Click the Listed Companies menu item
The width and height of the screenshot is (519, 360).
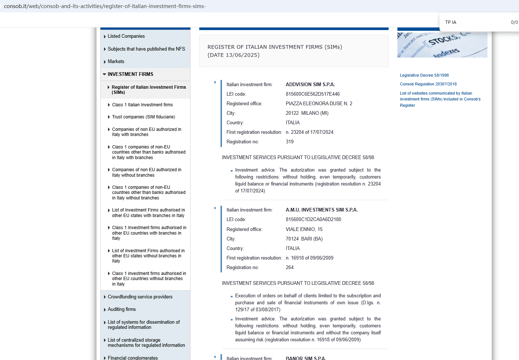126,36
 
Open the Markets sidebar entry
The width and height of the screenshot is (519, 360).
116,62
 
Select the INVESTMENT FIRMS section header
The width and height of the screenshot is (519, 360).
130,74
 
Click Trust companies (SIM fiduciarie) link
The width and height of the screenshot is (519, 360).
143,117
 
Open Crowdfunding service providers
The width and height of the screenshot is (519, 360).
140,297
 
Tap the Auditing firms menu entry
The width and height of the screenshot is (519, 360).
122,309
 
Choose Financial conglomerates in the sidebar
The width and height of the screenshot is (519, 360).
133,357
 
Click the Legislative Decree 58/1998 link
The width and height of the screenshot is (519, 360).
424,75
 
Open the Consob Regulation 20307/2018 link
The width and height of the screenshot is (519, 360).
428,84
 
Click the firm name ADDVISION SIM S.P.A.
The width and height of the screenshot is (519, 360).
310,85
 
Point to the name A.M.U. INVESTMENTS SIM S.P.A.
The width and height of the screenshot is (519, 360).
322,210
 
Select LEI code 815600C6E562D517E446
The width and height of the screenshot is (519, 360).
312,94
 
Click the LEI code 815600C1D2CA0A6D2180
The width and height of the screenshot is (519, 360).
313,220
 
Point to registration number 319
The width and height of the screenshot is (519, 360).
289,142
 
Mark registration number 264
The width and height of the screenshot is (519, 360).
289,268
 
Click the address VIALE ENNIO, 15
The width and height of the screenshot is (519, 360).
304,229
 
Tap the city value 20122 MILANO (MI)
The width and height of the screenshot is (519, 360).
307,113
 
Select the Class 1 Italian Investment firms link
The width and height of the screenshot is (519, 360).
142,105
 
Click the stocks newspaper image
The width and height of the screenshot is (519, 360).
442,45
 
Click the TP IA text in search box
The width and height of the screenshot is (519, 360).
451,22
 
